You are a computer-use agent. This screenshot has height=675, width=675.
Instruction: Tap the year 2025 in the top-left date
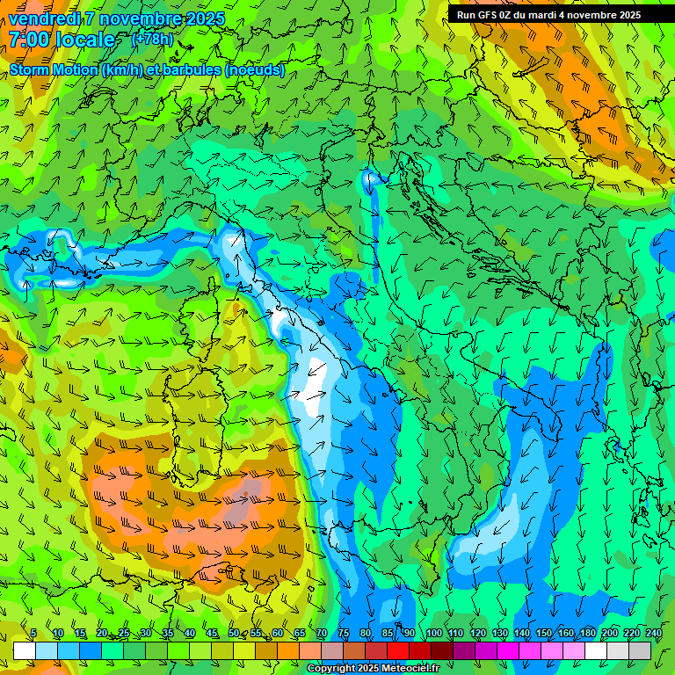[204, 18]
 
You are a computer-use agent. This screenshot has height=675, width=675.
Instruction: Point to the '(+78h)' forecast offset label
[152, 39]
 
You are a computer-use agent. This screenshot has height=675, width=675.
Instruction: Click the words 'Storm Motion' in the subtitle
[53, 69]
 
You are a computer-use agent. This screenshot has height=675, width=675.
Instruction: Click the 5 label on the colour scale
[33, 633]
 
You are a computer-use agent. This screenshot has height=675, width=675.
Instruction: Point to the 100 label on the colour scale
[433, 633]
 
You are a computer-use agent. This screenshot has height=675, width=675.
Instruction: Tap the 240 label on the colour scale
[654, 633]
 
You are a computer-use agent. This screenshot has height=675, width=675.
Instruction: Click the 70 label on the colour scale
[322, 633]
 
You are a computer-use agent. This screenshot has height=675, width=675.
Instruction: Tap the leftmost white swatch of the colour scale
[25, 650]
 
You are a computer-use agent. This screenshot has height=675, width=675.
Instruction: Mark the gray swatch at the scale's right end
[640, 650]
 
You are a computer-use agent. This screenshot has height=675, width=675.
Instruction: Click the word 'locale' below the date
[84, 40]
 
